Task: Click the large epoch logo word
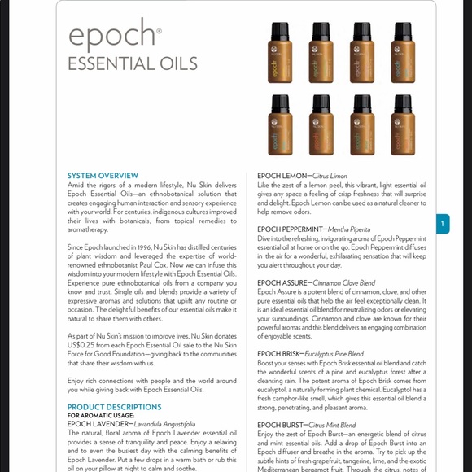[x=111, y=37]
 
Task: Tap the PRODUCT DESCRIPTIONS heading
[x=114, y=407]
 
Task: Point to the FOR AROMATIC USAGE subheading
[x=102, y=416]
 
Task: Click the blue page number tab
[x=443, y=225]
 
